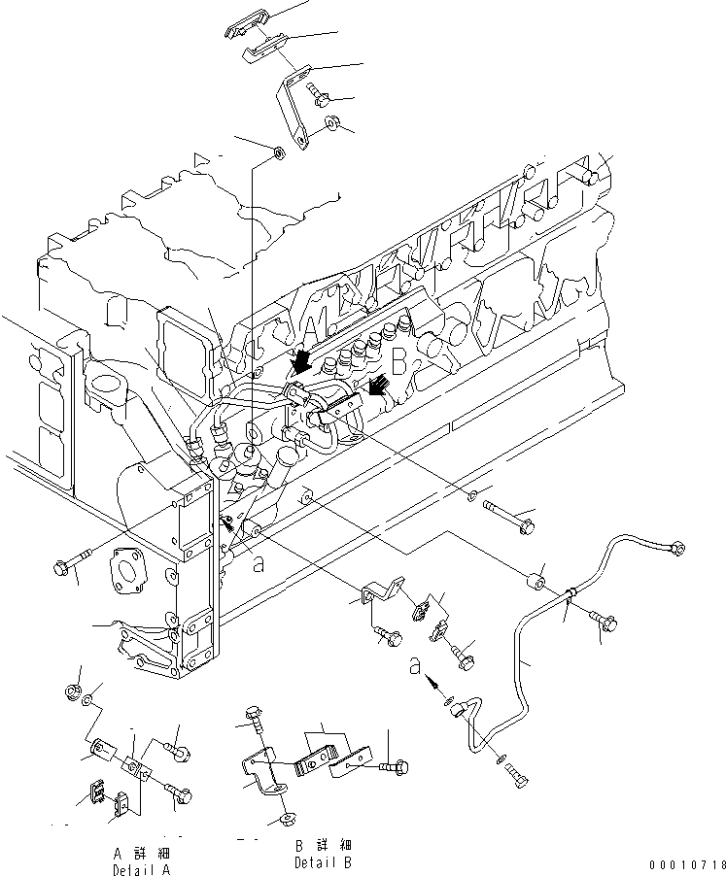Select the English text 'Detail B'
point(323,861)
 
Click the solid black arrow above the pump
point(302,362)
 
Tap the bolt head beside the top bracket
point(320,93)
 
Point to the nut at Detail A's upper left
point(72,691)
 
